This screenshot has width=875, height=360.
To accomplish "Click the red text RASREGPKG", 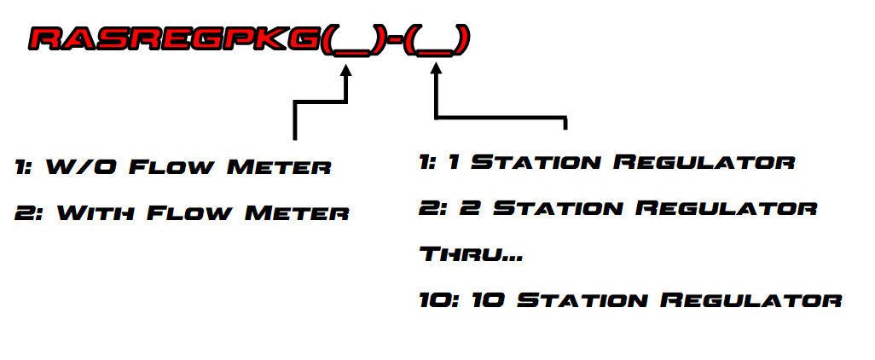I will [175, 39].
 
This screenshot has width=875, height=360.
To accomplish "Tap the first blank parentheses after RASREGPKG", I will [347, 40].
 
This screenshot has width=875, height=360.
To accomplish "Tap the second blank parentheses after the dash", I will [437, 40].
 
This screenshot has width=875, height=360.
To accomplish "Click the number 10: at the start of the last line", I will [438, 300].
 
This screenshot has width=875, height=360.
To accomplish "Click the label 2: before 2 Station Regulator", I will [432, 208].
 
